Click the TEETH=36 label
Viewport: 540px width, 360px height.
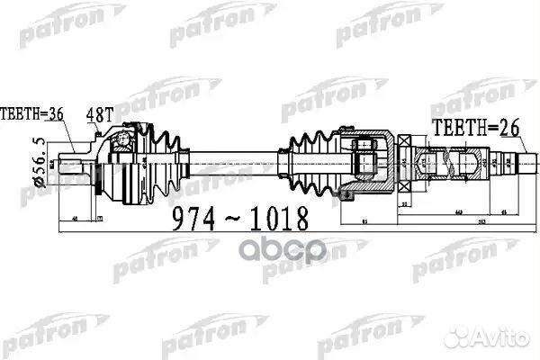(31, 115)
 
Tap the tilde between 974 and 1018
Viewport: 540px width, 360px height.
(237, 218)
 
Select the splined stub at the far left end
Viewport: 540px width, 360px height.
(71, 166)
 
